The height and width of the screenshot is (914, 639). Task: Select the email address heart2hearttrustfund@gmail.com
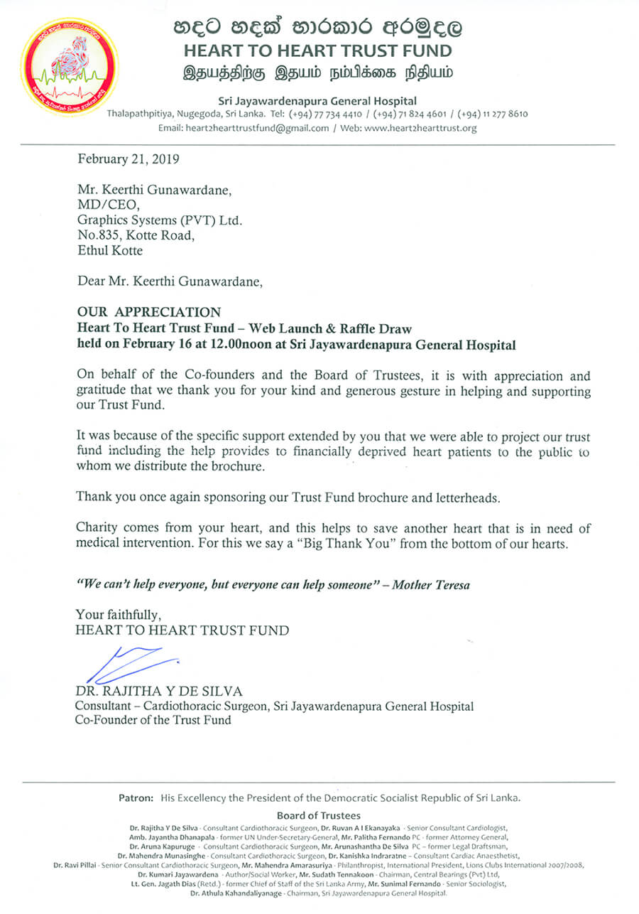(x=257, y=129)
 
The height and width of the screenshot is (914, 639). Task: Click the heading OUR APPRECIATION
(x=148, y=312)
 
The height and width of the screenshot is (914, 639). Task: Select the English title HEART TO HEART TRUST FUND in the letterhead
(x=317, y=51)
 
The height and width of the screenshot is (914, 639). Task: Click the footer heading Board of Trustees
(x=318, y=816)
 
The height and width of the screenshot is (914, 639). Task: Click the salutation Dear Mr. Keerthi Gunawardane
(x=170, y=281)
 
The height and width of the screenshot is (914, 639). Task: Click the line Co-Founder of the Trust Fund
(x=153, y=720)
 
